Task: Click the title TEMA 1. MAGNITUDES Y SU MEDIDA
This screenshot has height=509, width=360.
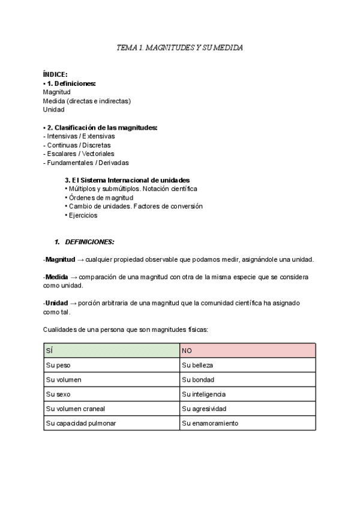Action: (x=180, y=47)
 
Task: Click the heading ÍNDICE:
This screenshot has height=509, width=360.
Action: (x=55, y=74)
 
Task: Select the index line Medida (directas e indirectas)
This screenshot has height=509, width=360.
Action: (x=86, y=101)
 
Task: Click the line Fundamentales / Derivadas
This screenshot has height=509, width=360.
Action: (x=86, y=162)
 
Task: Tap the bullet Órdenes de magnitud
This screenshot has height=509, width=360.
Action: (x=101, y=197)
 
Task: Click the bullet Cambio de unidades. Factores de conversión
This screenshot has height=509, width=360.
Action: (x=136, y=206)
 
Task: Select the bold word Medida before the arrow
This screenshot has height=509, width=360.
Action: (x=56, y=277)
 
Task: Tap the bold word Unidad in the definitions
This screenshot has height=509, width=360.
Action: (x=56, y=303)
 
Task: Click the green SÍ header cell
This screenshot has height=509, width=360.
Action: (x=112, y=349)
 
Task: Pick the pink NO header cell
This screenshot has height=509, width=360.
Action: (x=247, y=349)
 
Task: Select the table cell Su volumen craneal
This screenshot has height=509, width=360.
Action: (x=75, y=409)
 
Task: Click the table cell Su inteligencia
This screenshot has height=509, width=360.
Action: (x=203, y=394)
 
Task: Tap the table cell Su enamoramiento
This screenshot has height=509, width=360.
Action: (x=209, y=423)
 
